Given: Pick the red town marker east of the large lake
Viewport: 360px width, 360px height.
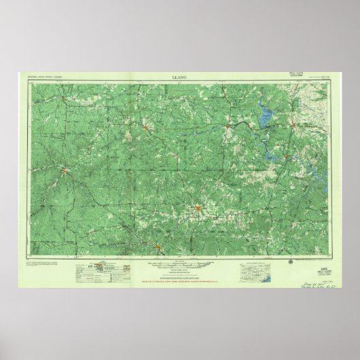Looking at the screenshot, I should tap(293, 125).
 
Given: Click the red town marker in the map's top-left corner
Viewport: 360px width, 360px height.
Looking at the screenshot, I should tap(62, 99).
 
